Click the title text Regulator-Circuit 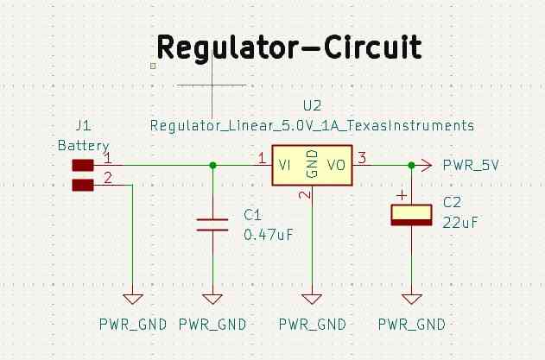(x=289, y=47)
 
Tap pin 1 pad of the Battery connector (x=82, y=165)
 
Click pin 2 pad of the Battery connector (x=82, y=184)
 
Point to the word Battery (x=83, y=145)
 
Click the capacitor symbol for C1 (x=212, y=224)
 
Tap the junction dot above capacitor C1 (x=212, y=165)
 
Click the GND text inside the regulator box (x=313, y=165)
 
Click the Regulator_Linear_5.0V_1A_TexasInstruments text (x=312, y=125)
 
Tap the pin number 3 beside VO (x=363, y=158)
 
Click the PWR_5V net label (x=471, y=165)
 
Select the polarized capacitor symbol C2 (x=412, y=215)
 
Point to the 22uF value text (x=460, y=222)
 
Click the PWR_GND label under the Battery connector (x=132, y=325)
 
